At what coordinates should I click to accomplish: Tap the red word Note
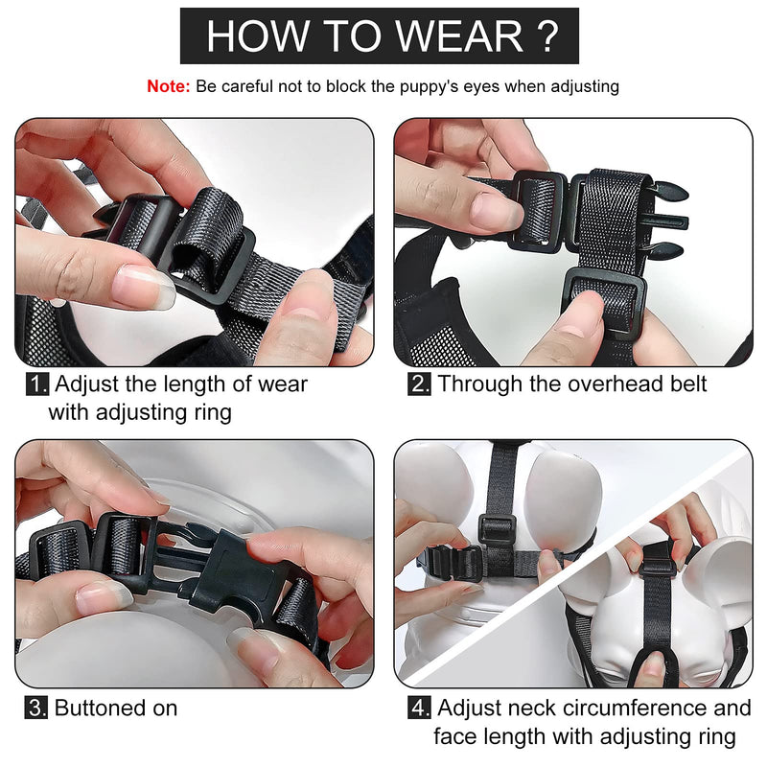tap(169, 86)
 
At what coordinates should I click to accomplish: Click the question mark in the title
tap(547, 36)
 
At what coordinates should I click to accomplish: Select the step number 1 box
tap(37, 384)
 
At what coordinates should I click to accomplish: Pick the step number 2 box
tap(419, 384)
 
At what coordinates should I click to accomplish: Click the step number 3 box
tap(36, 709)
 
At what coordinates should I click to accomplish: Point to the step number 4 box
tap(419, 709)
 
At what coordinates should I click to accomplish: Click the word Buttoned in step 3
tap(101, 708)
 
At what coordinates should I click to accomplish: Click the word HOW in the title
tap(257, 36)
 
